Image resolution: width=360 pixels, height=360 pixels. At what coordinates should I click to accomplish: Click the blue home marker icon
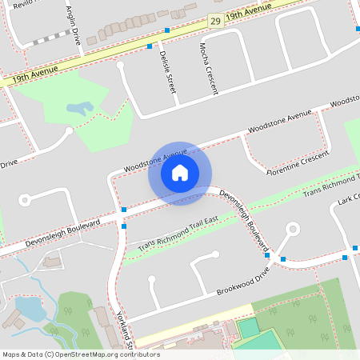click(x=180, y=173)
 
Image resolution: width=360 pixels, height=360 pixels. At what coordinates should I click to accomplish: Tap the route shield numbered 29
click(x=214, y=21)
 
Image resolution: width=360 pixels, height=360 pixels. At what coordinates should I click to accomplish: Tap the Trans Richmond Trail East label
click(x=178, y=235)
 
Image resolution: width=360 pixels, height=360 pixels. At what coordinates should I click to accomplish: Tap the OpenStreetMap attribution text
click(x=80, y=354)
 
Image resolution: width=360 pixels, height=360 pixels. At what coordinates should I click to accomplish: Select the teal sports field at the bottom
click(x=249, y=327)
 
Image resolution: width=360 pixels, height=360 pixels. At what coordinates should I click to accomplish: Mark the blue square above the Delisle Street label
click(x=150, y=46)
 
